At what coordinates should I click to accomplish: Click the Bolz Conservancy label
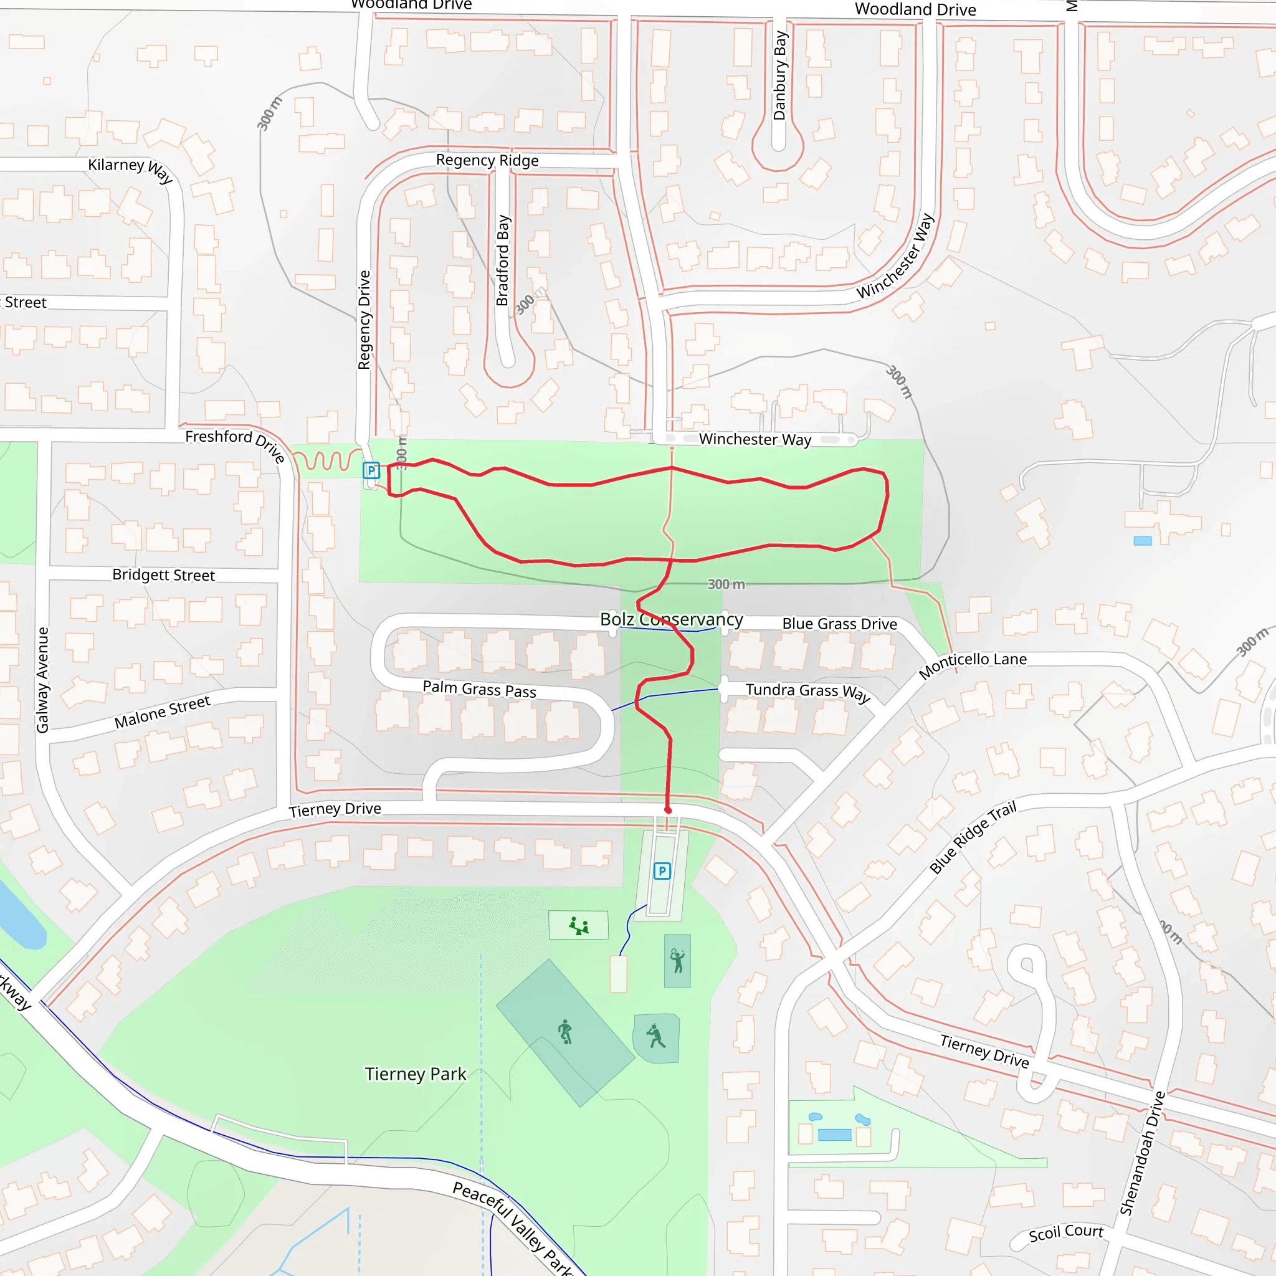pos(671,619)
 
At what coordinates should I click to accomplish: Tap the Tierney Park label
pos(416,1074)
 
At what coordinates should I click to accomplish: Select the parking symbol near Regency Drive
pos(371,470)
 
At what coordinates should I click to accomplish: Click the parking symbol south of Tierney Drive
pos(662,870)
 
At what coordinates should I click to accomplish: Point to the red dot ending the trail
pos(668,810)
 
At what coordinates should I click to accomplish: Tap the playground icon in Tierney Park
pos(579,925)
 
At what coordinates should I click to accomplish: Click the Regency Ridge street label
pos(487,161)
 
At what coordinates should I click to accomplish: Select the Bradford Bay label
pos(503,260)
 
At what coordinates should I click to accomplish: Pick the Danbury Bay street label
pos(780,75)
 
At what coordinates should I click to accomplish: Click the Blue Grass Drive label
pos(839,624)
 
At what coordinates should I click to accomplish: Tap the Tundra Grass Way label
pos(807,692)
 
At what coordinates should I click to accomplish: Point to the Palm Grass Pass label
pos(479,690)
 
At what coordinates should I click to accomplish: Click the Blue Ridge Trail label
pos(972,837)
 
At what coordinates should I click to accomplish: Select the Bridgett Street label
pos(163,574)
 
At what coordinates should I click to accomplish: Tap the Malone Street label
pos(162,712)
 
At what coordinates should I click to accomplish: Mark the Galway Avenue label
pos(43,680)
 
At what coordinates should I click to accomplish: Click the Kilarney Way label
pos(130,168)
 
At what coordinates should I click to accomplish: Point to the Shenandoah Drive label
pos(1141,1153)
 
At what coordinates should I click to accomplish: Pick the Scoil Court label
pos(1065,1232)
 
